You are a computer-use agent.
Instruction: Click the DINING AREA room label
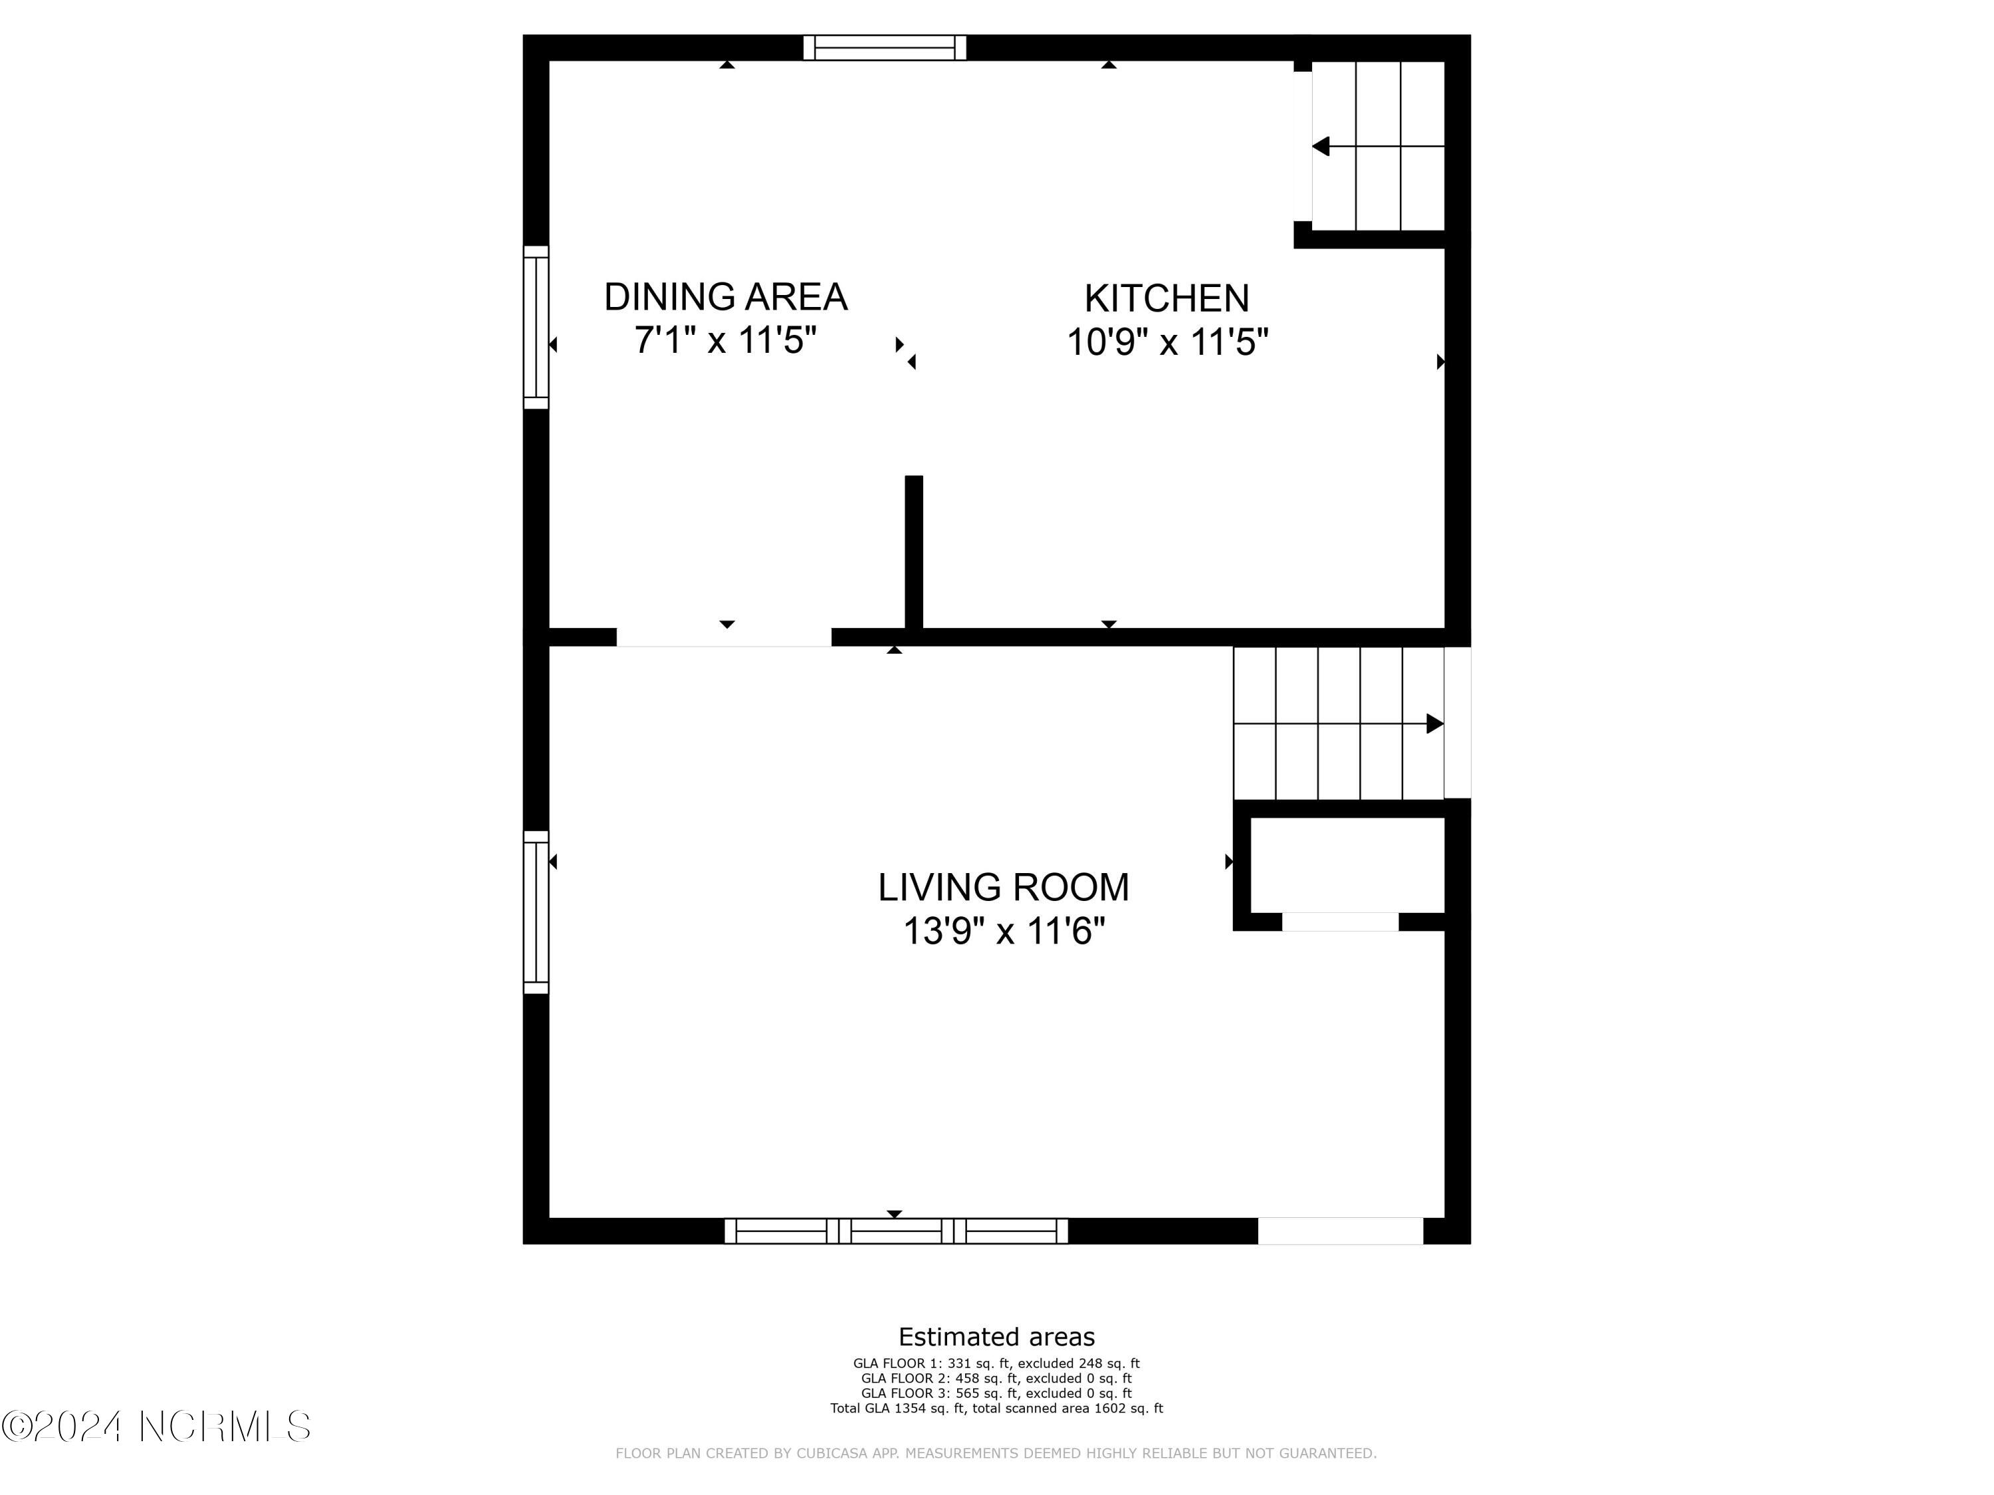[726, 296]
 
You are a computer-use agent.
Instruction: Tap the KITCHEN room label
[1166, 298]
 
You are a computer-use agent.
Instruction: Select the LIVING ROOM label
[1003, 888]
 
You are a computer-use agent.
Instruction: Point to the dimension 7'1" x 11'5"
[726, 341]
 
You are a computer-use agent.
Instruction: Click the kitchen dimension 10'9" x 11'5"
[1167, 342]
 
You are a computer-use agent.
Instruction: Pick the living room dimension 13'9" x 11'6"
[1003, 931]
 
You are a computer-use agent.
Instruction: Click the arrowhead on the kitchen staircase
[1321, 146]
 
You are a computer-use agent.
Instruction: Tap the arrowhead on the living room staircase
[1435, 724]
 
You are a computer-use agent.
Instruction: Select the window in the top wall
[884, 48]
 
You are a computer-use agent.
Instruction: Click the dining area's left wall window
[536, 327]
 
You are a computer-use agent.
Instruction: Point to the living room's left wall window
[536, 912]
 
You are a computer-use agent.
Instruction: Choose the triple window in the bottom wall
[896, 1231]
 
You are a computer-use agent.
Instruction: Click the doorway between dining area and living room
[724, 638]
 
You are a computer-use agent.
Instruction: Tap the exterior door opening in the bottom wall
[1341, 1231]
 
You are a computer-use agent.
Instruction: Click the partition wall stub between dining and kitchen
[914, 551]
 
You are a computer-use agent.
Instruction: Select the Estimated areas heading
[996, 1336]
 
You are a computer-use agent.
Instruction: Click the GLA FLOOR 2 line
[996, 1379]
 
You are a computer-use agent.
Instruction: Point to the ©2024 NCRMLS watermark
[157, 1427]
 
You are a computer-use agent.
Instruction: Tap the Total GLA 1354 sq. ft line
[996, 1407]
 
